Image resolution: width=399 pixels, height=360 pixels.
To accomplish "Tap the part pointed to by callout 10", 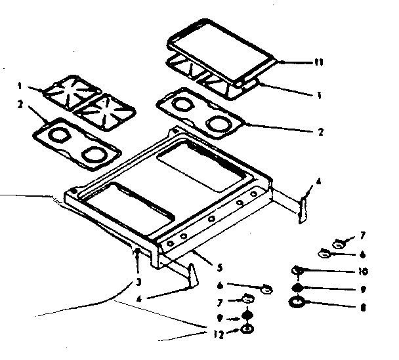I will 298,270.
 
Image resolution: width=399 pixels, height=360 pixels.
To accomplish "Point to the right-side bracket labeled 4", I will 304,205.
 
